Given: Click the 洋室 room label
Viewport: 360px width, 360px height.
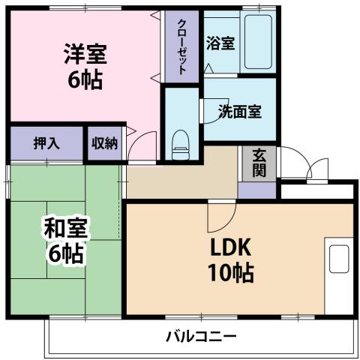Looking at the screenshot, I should (84, 54).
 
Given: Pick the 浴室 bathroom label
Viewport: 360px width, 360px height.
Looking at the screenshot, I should (220, 43).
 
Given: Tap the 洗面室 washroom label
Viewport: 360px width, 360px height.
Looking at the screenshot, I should (239, 112).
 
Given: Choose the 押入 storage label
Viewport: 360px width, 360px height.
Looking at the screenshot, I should (46, 143).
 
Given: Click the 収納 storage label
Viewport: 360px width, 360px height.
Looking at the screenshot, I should (104, 143).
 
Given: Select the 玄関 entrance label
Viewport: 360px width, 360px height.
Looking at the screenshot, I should (259, 163).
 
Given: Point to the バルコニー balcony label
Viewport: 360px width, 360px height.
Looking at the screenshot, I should (200, 335).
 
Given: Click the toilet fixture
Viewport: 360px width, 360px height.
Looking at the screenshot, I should (181, 143).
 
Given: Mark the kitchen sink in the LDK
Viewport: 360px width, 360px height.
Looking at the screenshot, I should (338, 259).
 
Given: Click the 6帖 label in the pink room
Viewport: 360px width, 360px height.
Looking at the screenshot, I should (84, 77).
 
